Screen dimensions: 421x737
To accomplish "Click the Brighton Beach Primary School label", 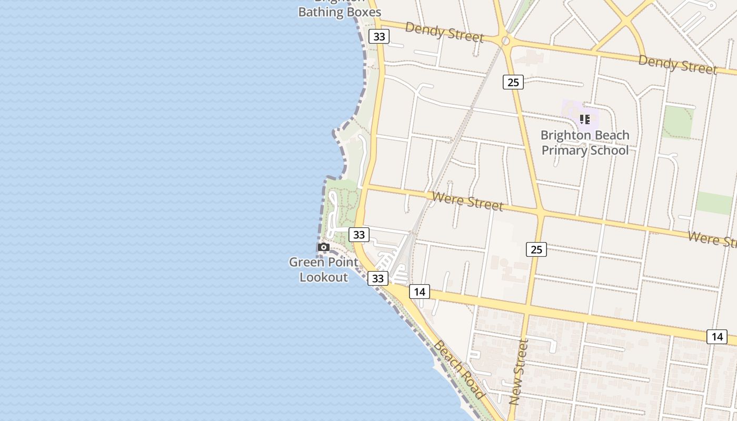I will point(585,143).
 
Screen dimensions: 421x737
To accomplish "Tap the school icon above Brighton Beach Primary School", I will point(584,119).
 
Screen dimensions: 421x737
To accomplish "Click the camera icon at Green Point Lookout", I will point(324,247).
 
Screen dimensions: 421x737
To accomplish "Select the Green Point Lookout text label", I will point(324,269).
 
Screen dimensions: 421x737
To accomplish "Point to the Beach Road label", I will point(459,369).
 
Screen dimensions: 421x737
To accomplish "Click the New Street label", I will point(519,372).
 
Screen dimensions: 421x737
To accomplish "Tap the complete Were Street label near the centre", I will point(467,200).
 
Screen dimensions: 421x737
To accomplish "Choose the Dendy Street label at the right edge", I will point(678,64).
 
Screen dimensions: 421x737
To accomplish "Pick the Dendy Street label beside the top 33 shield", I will point(444,33).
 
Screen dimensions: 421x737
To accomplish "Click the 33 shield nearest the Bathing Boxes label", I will point(379,36).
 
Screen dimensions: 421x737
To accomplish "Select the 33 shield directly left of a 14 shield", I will point(378,278).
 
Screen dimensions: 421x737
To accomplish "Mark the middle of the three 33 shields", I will point(359,235).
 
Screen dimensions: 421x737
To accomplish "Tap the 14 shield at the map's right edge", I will point(717,337).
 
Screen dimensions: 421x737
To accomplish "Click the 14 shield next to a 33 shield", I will point(419,292).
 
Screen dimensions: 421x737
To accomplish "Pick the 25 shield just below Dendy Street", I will point(513,82).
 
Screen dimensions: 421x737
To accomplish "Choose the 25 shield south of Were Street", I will point(536,249).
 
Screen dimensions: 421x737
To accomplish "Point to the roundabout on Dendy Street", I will point(505,40).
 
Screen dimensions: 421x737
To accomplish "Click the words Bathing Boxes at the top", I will point(340,12).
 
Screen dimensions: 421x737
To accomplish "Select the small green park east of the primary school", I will point(677,122).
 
